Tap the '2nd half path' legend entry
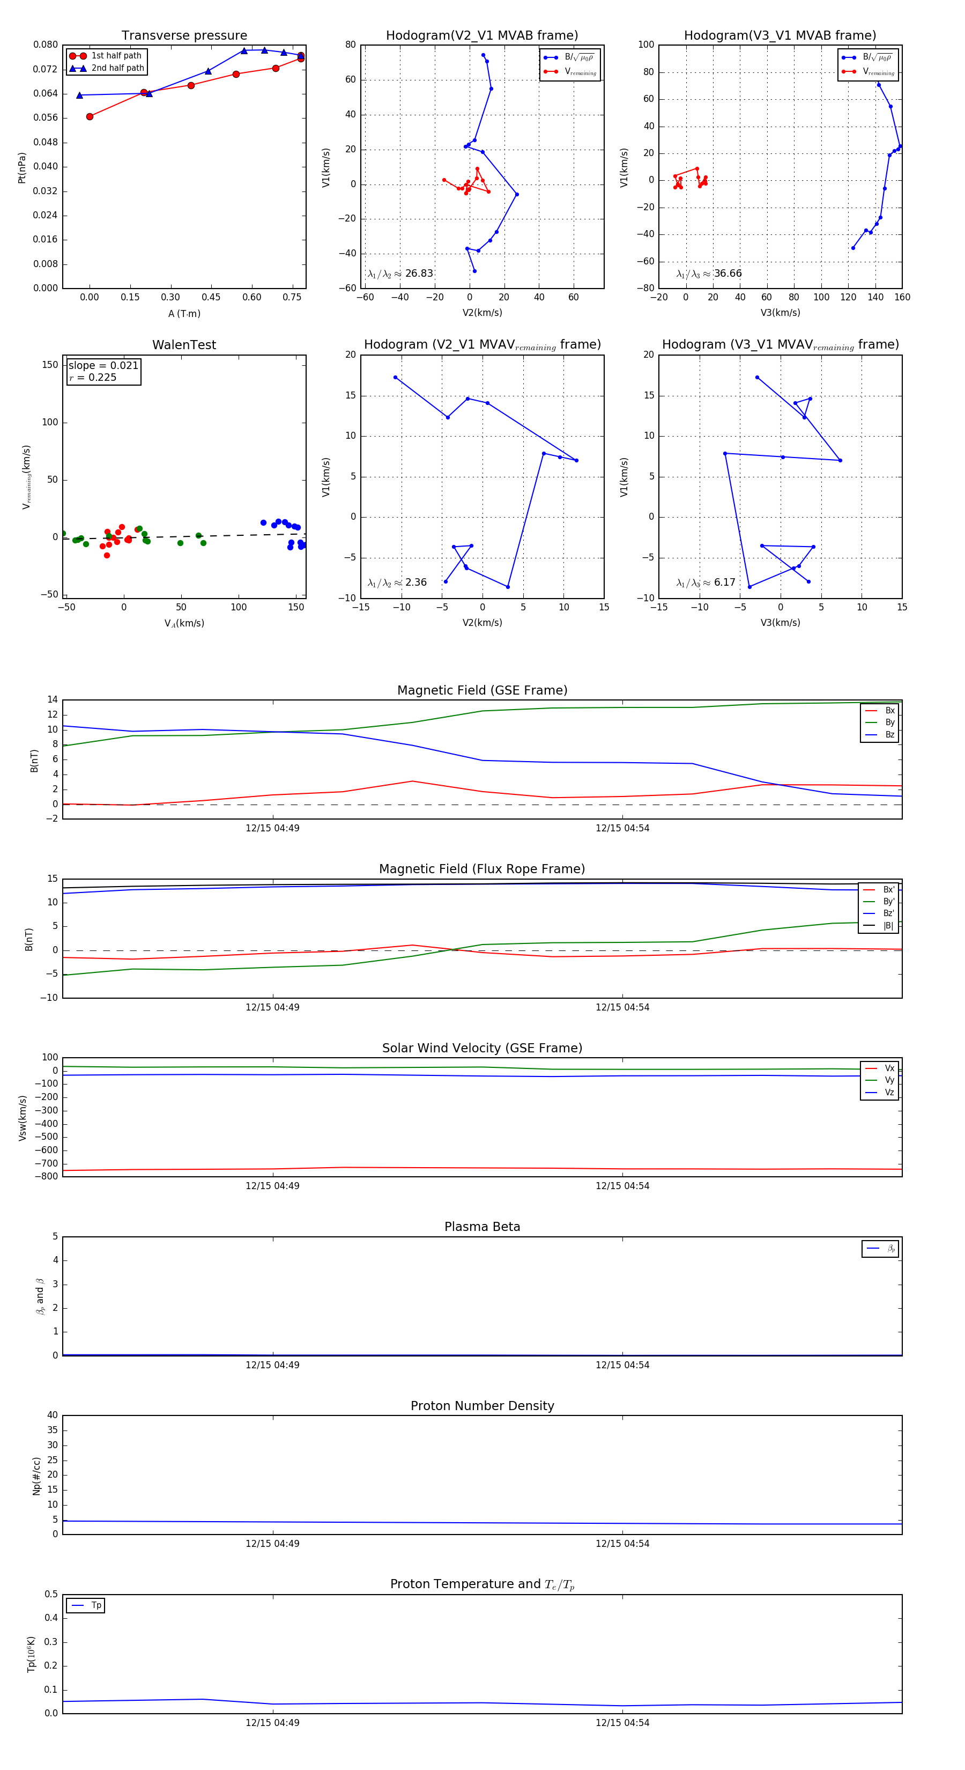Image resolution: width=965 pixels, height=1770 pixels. coord(117,68)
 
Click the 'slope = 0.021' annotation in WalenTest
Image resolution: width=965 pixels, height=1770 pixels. coord(103,366)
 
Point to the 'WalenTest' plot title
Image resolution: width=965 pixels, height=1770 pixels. coord(184,345)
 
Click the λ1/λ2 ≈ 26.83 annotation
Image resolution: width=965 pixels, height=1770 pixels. coord(400,274)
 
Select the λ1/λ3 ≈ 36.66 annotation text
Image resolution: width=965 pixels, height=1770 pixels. coord(709,274)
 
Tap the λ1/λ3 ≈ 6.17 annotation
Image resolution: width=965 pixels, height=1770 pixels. coord(706,582)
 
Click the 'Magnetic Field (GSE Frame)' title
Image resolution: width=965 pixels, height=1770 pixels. coord(482,690)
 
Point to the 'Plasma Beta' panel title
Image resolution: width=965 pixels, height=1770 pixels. coord(482,1227)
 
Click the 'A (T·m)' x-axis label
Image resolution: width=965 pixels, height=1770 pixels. coord(184,314)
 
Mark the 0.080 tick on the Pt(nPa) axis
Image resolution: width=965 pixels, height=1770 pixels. coord(46,45)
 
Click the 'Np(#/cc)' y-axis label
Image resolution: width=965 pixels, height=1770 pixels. coord(36,1476)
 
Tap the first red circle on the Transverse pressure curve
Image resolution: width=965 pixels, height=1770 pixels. coord(90,117)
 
